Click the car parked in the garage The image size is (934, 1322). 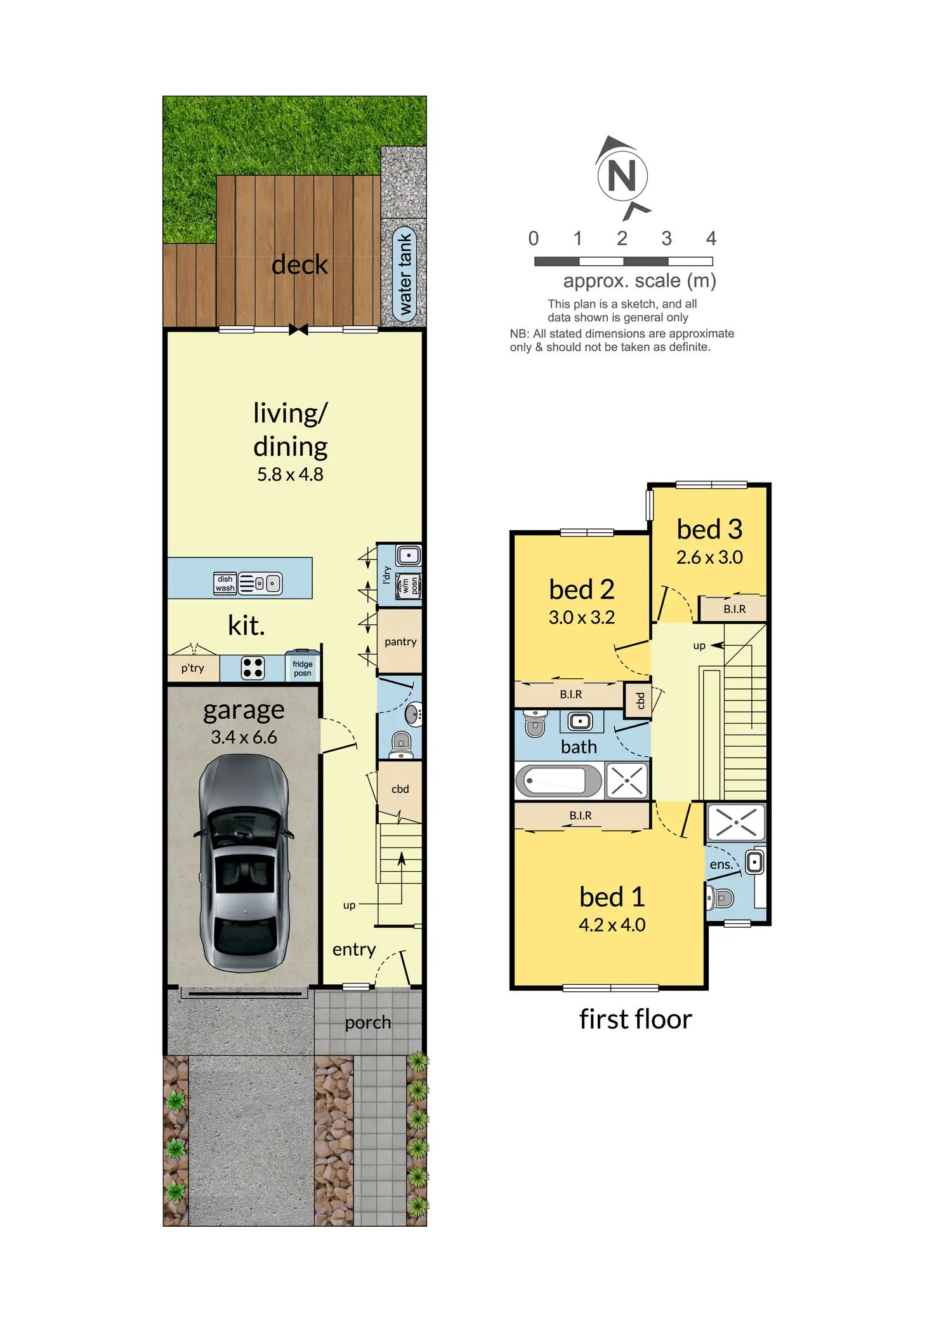coord(245,864)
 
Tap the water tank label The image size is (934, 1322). coord(404,274)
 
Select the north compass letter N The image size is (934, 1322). coord(622,176)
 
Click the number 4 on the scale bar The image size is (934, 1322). coord(711,239)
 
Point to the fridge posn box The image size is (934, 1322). coord(303,666)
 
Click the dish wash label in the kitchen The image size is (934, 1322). coord(225,584)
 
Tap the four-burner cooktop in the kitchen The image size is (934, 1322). coord(253,668)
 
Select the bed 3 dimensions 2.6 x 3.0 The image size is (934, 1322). coord(709,558)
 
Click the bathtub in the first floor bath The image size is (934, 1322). coord(559,780)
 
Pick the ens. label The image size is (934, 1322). coord(721,865)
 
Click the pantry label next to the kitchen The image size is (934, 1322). coord(400,642)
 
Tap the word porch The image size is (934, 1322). coord(368,1023)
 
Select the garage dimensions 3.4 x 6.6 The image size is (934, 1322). coord(244,737)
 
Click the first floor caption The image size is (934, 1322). coord(635,1019)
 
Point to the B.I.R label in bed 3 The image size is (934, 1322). coord(735,609)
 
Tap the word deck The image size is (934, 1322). coord(299,265)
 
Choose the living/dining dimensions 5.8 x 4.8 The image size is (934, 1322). coord(290,474)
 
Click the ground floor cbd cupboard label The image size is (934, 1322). coord(400,789)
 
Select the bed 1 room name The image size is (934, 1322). coord(612,897)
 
